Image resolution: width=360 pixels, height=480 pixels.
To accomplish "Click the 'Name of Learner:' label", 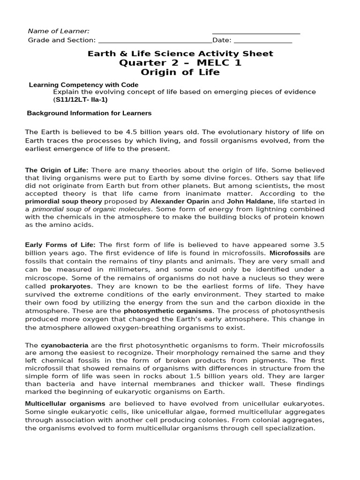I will pos(59,31).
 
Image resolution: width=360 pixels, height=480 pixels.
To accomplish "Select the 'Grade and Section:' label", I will pos(62,40).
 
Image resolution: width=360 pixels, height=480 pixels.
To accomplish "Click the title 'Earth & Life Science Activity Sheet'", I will pos(180,53).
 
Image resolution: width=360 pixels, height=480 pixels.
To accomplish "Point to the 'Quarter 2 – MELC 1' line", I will pos(180,63).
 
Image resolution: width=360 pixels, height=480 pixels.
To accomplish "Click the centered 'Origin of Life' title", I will pos(180,72).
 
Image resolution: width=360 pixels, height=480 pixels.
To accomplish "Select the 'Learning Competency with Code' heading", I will pos(83,85).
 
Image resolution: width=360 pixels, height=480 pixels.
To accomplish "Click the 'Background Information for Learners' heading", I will pos(89,113).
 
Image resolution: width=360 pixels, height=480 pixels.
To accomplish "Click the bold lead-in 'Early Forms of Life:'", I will pos(60,245).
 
